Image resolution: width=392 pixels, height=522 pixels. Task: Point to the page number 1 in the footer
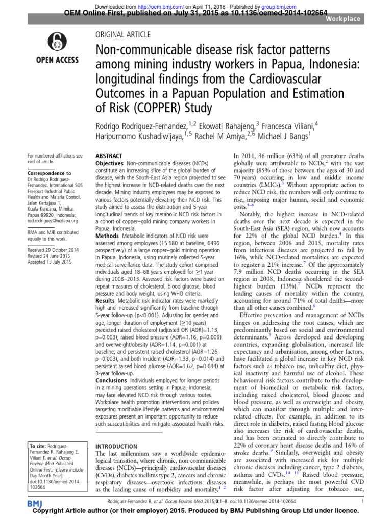pos(361,502)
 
